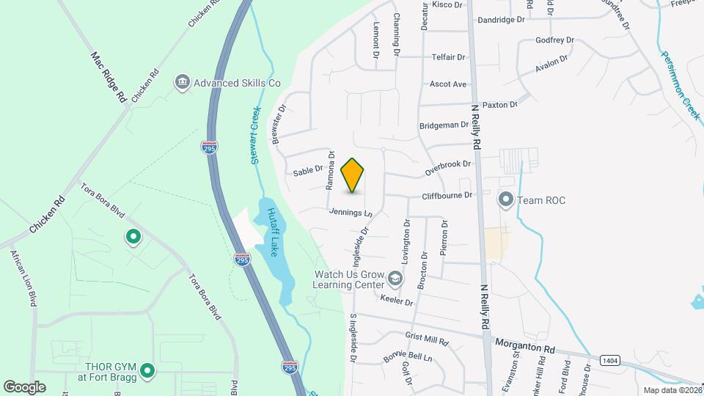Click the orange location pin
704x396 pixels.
click(353, 175)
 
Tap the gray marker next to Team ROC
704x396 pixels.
click(505, 199)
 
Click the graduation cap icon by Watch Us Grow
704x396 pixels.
click(395, 278)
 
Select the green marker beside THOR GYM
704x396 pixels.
click(147, 372)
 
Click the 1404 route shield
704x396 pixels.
click(609, 360)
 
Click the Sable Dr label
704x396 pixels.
click(308, 170)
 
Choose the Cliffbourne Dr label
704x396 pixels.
click(447, 196)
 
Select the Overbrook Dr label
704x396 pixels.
click(447, 168)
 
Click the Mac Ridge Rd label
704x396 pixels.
click(109, 76)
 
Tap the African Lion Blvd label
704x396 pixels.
click(23, 278)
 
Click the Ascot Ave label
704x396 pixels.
click(448, 84)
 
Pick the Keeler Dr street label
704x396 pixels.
click(397, 301)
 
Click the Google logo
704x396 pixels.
click(24, 386)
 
